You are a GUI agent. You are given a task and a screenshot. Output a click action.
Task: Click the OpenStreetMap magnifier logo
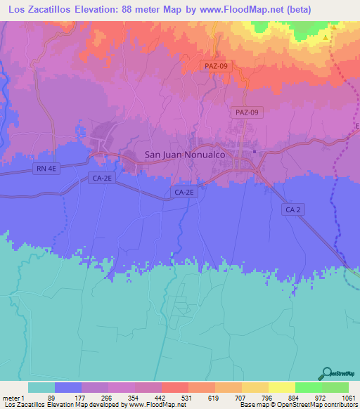[326, 373]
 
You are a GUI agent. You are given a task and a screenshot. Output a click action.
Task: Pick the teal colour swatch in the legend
[41, 387]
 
